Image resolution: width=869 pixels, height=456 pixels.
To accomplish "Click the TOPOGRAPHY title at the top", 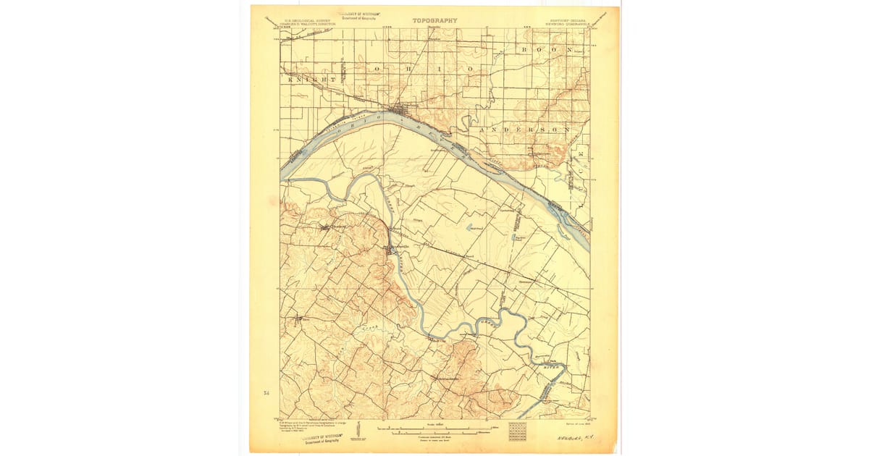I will tap(434, 20).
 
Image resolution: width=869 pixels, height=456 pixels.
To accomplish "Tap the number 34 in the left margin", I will tap(266, 393).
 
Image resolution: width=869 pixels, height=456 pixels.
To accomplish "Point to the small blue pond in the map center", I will tap(471, 227).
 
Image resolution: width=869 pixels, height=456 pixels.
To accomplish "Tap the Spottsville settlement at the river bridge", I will tap(391, 249).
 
